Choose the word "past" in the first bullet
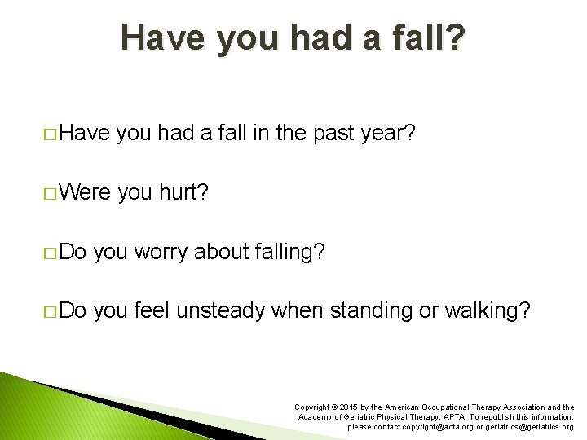click(x=333, y=134)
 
